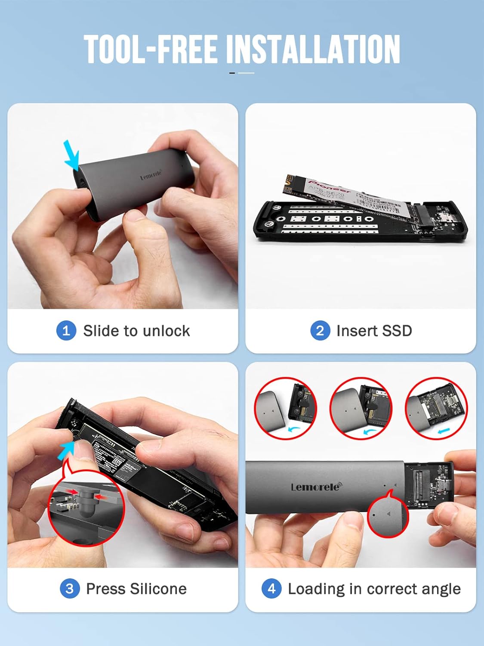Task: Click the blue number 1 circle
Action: pos(66,331)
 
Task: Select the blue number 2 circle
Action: pos(320,331)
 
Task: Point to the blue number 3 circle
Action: pos(70,588)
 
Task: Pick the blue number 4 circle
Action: pos(271,588)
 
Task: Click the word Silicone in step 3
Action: pos(158,589)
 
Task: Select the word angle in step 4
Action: pos(440,589)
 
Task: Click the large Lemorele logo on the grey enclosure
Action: pos(316,487)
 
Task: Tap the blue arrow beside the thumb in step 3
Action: pos(67,450)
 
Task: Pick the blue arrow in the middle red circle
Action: pos(369,431)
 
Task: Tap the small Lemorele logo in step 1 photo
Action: pos(151,175)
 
